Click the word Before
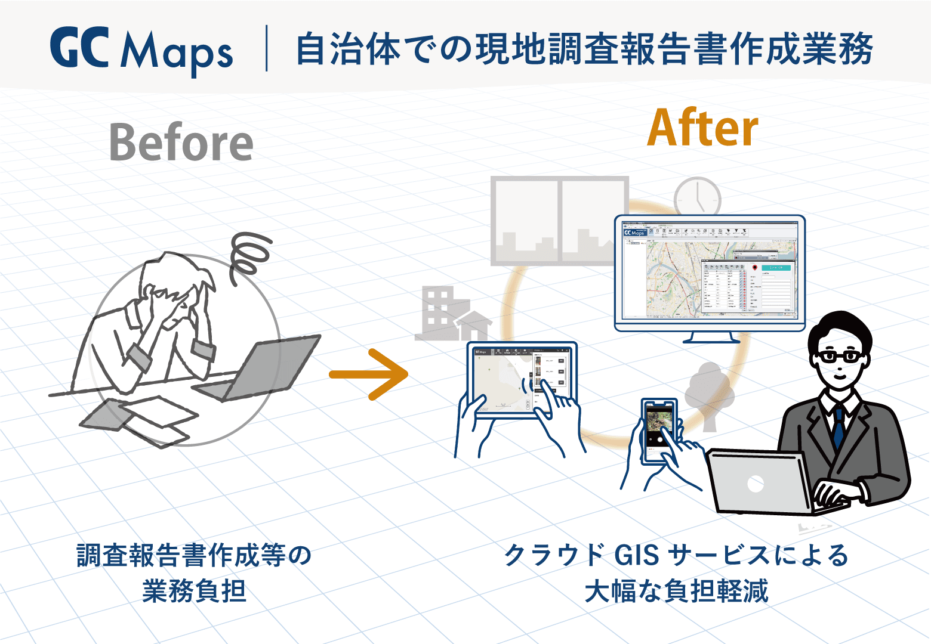pos(181,143)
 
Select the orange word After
pos(702,128)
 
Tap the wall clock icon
pos(697,197)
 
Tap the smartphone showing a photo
pos(658,430)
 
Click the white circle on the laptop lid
pos(756,484)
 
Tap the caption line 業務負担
pos(195,592)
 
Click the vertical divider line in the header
pos(266,48)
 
